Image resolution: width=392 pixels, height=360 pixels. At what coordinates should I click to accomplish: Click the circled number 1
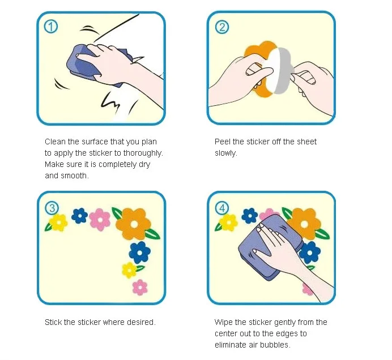[51, 27]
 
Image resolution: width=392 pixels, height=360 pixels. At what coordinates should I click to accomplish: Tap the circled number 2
[221, 27]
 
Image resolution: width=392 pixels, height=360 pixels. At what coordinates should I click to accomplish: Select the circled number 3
[52, 208]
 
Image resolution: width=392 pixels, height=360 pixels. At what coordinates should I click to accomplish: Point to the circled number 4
[222, 208]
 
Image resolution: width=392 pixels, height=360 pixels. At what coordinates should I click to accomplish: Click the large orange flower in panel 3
[134, 224]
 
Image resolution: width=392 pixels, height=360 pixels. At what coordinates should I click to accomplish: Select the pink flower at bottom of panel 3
[140, 288]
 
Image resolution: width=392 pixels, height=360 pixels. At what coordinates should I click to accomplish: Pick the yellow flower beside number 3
[58, 222]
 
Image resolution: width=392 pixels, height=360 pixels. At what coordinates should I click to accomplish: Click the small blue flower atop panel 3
[79, 216]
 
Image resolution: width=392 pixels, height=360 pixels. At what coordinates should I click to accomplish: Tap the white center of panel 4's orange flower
[304, 224]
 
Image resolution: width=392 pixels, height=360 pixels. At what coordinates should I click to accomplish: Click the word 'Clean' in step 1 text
[56, 142]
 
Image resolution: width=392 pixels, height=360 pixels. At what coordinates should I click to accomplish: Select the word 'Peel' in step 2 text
[223, 142]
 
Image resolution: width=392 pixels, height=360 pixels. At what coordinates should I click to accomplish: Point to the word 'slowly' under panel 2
[225, 153]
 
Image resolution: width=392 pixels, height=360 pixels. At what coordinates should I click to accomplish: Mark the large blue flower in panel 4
[310, 252]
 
